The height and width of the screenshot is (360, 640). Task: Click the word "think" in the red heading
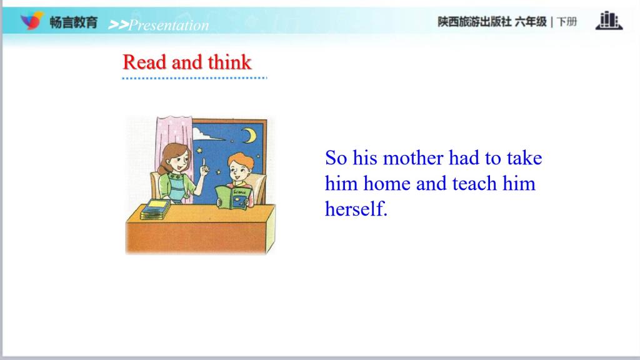click(x=229, y=62)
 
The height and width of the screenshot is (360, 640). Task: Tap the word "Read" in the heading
click(x=144, y=62)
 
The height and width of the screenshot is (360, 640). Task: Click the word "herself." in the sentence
click(x=356, y=209)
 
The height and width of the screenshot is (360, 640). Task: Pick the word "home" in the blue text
click(x=386, y=183)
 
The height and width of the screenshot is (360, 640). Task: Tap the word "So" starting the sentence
click(x=336, y=158)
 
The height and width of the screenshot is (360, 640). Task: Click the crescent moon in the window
click(x=249, y=136)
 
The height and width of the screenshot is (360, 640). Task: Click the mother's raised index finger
click(x=204, y=163)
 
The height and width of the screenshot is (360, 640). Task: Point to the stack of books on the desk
click(x=155, y=209)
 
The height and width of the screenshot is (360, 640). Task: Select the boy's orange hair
click(x=241, y=159)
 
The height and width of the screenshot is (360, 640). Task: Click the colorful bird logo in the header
click(x=32, y=21)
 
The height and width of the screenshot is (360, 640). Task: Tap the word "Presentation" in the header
click(x=169, y=25)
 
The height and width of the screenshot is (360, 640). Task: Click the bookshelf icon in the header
click(x=609, y=21)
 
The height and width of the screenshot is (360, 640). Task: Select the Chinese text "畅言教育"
click(x=74, y=22)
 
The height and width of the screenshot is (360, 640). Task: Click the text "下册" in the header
click(x=567, y=22)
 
